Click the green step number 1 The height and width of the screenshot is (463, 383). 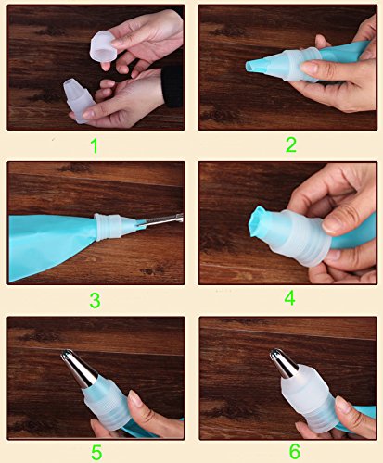click(x=96, y=145)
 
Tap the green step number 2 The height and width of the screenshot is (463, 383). click(x=291, y=144)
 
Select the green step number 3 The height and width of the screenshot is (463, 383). click(x=96, y=300)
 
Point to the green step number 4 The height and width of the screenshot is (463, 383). click(x=290, y=298)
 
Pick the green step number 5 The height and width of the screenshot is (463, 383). click(x=96, y=453)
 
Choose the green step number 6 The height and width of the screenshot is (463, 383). click(x=295, y=451)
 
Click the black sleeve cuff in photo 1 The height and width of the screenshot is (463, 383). click(x=172, y=86)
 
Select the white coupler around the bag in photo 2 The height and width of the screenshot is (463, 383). click(x=301, y=66)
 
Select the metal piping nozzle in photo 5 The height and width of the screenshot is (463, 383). click(x=78, y=369)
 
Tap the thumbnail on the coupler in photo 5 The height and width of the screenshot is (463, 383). click(x=135, y=398)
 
